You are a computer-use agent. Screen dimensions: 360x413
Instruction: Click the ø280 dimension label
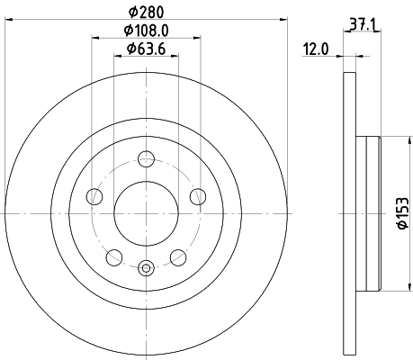click(x=146, y=12)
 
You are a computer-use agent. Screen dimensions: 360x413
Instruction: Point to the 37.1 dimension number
click(x=364, y=28)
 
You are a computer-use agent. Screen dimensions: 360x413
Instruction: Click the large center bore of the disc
click(x=146, y=213)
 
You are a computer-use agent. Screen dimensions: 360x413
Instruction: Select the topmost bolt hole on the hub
click(x=146, y=161)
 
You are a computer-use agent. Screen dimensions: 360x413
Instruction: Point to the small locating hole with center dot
click(x=146, y=265)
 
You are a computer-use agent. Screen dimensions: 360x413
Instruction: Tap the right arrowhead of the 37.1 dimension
click(x=379, y=35)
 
